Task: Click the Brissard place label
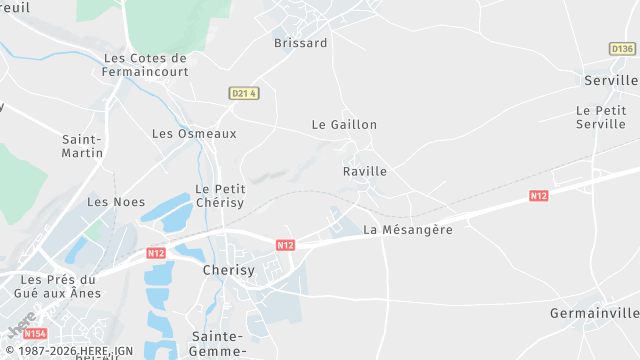(x=300, y=43)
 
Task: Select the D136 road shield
(x=622, y=49)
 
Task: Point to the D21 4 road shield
(x=244, y=93)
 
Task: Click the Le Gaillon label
(x=344, y=125)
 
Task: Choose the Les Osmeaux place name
(x=194, y=133)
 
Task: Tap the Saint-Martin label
(x=82, y=146)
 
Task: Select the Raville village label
(x=364, y=171)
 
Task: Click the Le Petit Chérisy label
(x=219, y=195)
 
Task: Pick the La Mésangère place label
(x=408, y=230)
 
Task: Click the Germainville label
(x=594, y=313)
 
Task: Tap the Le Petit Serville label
(x=601, y=117)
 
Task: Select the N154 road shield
(x=35, y=334)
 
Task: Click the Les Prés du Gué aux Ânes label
(x=59, y=286)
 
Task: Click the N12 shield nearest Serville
(x=539, y=196)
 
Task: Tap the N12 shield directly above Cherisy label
(x=285, y=245)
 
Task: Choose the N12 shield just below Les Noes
(x=156, y=253)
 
